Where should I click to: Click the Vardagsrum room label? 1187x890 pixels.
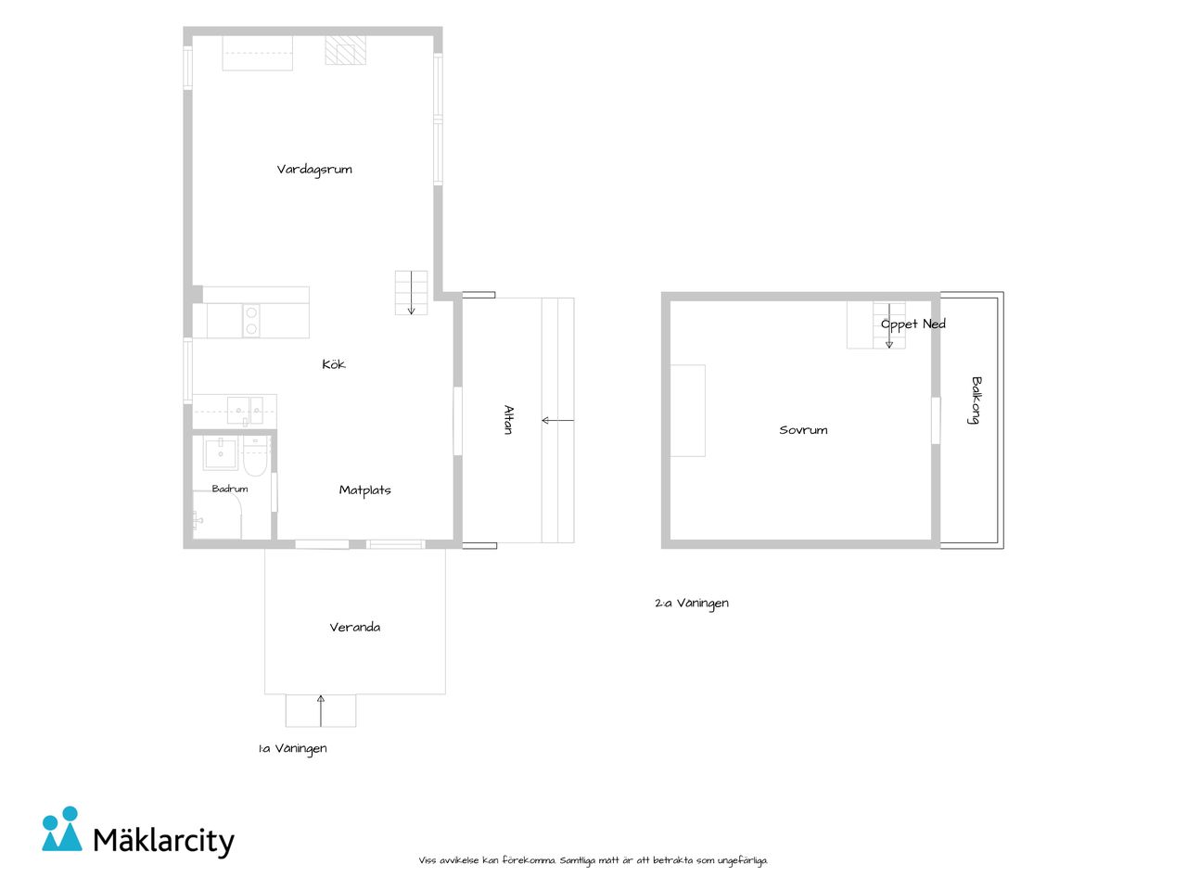314,170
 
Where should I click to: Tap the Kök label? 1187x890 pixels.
334,363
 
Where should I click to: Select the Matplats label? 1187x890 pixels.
365,490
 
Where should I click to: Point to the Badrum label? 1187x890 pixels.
230,489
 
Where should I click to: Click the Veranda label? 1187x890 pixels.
355,627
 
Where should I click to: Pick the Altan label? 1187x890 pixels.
508,419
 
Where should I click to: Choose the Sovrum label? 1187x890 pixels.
803,430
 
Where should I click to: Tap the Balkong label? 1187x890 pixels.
975,400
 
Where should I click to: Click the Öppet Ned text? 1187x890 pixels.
913,324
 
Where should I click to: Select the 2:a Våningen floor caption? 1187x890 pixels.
692,603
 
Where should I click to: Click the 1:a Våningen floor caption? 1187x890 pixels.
292,748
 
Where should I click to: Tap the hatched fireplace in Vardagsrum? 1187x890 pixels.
345,50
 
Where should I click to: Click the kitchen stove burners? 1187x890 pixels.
251,321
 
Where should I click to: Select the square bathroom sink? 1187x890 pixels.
220,453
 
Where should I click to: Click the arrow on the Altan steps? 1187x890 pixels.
557,420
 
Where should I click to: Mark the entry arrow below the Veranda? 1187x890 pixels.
321,710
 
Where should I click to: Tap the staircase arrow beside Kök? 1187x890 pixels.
411,292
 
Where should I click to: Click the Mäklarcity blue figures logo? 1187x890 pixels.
61,829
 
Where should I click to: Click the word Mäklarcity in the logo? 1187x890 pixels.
164,841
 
